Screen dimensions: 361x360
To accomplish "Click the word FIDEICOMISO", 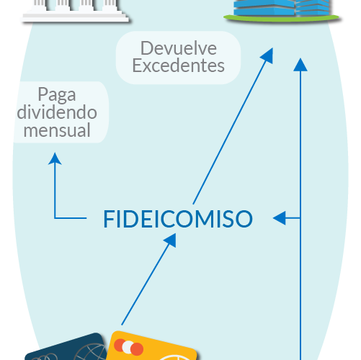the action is (x=178, y=219).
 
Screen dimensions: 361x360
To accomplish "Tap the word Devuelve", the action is (x=179, y=48).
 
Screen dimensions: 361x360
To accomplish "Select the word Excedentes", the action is (x=179, y=66).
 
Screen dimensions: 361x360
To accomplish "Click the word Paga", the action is (x=57, y=95).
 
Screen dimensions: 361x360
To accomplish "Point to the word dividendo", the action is (x=57, y=112).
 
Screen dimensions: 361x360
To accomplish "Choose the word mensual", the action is (x=57, y=130).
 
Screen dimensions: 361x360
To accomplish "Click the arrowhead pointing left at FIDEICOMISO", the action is (x=280, y=218).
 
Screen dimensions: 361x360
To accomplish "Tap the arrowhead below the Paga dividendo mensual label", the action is (x=55, y=159).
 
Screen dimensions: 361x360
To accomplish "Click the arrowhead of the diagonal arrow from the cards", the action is (x=171, y=240).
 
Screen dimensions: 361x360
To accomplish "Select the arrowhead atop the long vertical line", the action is (x=300, y=65).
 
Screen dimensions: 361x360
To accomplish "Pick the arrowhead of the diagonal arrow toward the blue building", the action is (x=267, y=55).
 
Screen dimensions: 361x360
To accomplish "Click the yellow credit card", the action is (x=152, y=346).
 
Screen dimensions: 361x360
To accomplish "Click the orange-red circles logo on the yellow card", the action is (x=128, y=347).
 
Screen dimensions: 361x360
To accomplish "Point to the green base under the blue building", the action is (x=282, y=18).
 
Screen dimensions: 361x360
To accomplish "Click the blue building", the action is (x=282, y=8).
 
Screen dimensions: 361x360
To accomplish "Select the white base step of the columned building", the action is (x=75, y=18).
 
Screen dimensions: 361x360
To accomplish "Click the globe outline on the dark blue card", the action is (x=92, y=352).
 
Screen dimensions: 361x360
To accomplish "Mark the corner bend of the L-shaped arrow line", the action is (x=55, y=218).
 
